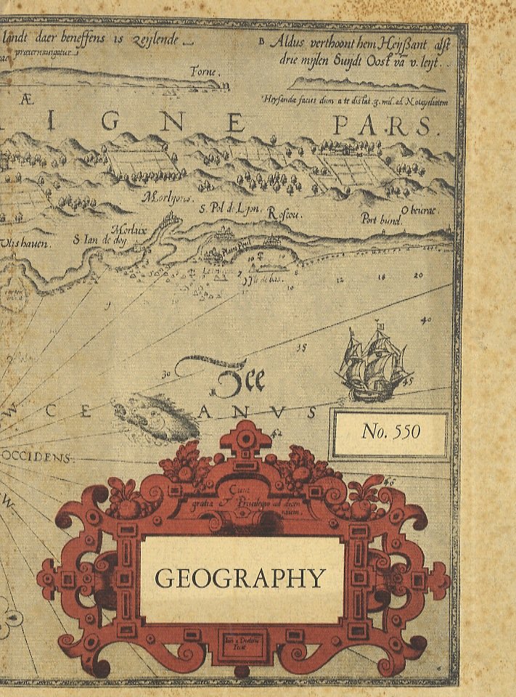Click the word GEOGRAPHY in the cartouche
click(240, 579)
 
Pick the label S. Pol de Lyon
click(229, 209)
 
